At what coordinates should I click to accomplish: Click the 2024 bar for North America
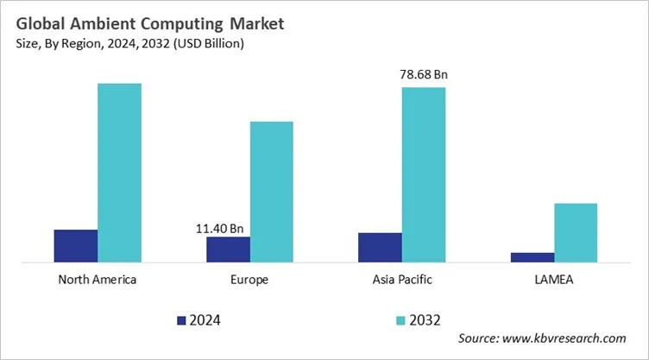[x=75, y=245]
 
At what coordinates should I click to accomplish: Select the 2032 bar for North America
[x=119, y=173]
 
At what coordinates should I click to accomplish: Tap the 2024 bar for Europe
[x=228, y=249]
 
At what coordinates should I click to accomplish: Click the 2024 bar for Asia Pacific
[x=380, y=247]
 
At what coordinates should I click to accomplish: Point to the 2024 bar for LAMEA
[x=532, y=256]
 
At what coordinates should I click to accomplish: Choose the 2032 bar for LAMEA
[x=576, y=232]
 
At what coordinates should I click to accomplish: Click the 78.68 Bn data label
[x=424, y=74]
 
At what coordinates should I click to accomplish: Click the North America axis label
[x=97, y=281]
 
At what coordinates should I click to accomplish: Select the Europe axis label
[x=249, y=281]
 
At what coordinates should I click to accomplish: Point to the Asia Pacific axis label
[x=401, y=281]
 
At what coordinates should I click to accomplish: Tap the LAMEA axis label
[x=553, y=281]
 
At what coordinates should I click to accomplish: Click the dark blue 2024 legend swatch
[x=181, y=320]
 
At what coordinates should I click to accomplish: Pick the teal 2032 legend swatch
[x=400, y=320]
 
